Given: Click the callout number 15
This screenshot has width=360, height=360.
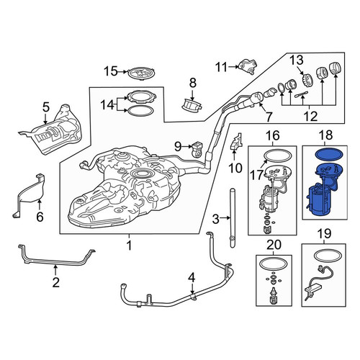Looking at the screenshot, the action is click(x=111, y=71).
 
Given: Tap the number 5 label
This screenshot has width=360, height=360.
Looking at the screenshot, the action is click(x=46, y=107).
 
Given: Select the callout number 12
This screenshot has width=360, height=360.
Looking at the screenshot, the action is click(x=310, y=117).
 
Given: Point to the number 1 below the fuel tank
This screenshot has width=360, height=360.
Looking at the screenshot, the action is click(x=129, y=246).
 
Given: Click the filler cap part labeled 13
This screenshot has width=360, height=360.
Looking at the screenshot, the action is click(x=306, y=80).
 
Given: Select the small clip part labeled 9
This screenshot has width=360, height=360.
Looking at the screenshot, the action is click(x=197, y=149).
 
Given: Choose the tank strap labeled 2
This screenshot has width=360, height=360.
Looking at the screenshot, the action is click(x=57, y=257).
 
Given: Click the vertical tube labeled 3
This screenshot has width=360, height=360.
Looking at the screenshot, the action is click(x=233, y=218).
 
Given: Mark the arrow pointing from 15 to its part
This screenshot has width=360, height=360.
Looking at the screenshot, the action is click(x=122, y=71).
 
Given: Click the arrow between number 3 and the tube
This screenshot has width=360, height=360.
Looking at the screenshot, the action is click(x=225, y=217).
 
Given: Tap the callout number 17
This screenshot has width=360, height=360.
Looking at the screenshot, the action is click(x=256, y=174).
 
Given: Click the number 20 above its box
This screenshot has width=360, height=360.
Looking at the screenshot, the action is click(x=274, y=245).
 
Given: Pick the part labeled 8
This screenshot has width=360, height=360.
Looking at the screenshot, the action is click(x=192, y=105).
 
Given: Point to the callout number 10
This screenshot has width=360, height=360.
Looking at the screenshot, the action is click(x=235, y=168).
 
